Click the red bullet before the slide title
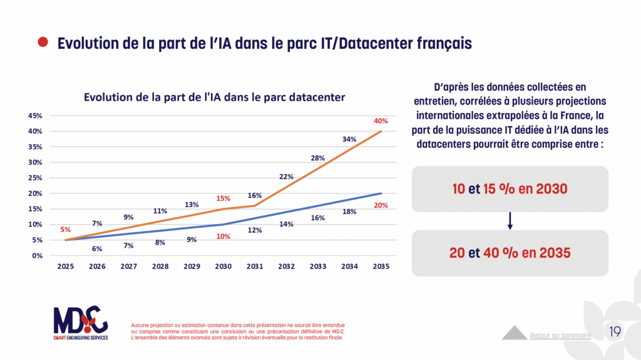[x=43, y=43]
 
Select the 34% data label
[x=350, y=139]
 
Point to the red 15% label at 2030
[x=223, y=198]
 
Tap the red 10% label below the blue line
[x=223, y=236]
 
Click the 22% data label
[x=287, y=177]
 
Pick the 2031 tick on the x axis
[x=255, y=266]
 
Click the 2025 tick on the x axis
[x=66, y=266]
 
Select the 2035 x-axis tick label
[x=381, y=266]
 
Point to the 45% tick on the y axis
[x=34, y=116]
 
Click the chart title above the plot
[x=215, y=97]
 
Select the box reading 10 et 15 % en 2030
[x=510, y=188]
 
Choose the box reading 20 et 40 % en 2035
[x=510, y=253]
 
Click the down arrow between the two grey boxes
[x=510, y=220]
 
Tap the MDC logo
[x=80, y=322]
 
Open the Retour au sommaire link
[x=560, y=335]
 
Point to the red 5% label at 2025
[x=66, y=229]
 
